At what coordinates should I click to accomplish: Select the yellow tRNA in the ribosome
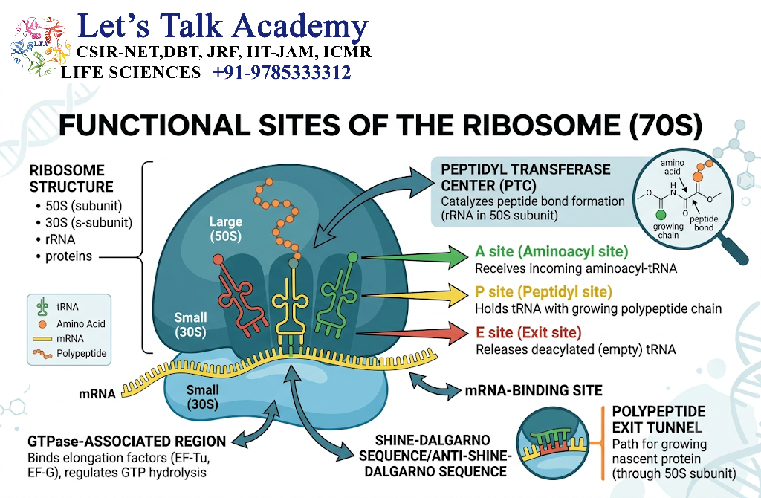[x=291, y=303]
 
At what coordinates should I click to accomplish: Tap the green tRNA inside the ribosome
[x=338, y=296]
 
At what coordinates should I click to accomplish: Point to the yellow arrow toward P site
[x=415, y=294]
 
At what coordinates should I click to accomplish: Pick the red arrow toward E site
[x=415, y=333]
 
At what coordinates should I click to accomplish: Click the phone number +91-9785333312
[x=282, y=72]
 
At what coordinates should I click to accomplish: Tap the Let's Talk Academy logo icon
[x=40, y=46]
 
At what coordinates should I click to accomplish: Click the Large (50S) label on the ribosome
[x=226, y=229]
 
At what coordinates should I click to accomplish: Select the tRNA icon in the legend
[x=42, y=307]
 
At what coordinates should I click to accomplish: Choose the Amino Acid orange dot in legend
[x=42, y=324]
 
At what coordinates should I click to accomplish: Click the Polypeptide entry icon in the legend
[x=42, y=354]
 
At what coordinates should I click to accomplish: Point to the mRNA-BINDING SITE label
[x=534, y=390]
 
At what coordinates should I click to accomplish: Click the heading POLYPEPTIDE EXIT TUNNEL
[x=658, y=419]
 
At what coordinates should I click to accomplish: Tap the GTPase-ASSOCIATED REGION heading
[x=126, y=442]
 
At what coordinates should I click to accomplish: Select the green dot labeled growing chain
[x=661, y=215]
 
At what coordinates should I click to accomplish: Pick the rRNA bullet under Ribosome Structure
[x=60, y=240]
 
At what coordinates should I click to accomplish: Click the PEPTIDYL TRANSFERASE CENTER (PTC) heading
[x=525, y=178]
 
